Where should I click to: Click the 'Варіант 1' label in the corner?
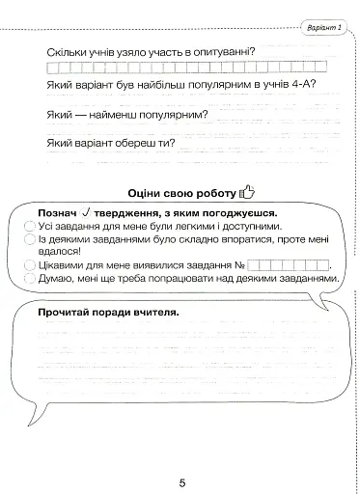pyautogui.click(x=325, y=28)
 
